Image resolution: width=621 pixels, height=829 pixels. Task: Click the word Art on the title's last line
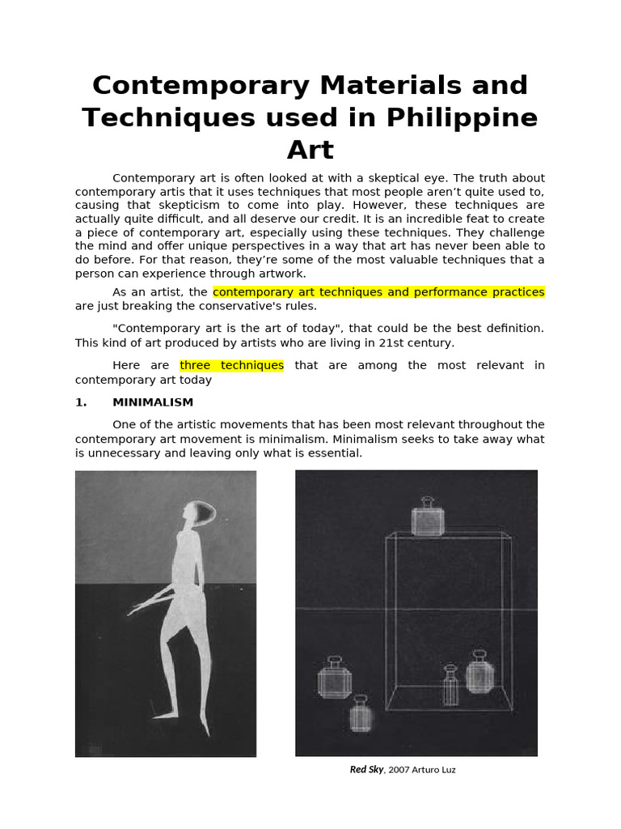[310, 150]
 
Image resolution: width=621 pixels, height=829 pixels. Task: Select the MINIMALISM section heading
[153, 402]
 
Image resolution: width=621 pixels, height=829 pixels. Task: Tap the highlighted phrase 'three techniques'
[231, 365]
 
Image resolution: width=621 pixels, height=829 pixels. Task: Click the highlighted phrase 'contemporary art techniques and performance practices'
[378, 291]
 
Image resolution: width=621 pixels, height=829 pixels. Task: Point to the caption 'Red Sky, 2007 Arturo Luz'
[403, 770]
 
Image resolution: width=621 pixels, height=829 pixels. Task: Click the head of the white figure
[199, 513]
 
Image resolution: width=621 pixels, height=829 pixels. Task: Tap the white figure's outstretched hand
[137, 608]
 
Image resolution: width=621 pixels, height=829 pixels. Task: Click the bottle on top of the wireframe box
[428, 517]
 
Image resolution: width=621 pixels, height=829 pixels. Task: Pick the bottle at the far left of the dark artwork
[334, 678]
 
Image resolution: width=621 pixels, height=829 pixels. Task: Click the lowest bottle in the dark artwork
[361, 714]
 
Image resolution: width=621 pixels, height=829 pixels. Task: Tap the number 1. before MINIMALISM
[81, 402]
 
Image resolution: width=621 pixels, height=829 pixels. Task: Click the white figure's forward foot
[167, 714]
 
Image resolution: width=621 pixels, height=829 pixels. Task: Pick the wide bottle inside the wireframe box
[479, 674]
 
